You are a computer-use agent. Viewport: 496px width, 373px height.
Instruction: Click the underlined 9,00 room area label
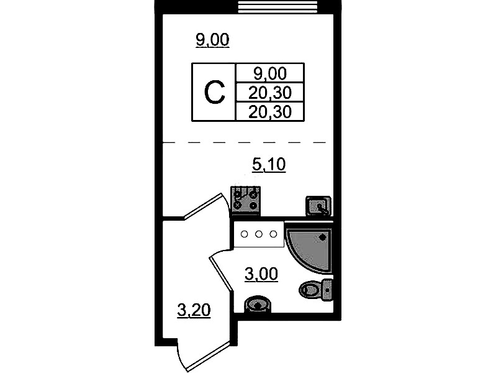click(212, 40)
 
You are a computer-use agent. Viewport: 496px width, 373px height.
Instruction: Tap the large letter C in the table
click(214, 93)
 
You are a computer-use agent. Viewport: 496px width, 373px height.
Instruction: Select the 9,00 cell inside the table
click(270, 73)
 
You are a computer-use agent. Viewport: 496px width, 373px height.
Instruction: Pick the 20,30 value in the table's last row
click(270, 112)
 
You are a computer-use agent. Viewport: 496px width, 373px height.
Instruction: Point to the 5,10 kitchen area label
click(269, 165)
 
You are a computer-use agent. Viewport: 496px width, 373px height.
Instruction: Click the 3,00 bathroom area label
click(261, 274)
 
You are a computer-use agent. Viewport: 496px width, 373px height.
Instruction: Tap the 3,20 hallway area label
click(194, 310)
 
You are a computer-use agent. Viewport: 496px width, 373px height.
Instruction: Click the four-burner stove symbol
click(245, 201)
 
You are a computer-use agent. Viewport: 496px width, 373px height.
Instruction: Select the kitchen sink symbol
click(318, 206)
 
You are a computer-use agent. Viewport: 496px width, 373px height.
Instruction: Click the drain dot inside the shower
click(322, 237)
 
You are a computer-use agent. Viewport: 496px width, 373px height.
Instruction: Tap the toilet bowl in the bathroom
click(310, 290)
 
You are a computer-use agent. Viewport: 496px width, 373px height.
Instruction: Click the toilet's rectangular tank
click(327, 290)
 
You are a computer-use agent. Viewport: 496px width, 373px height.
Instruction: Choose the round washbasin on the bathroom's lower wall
click(258, 305)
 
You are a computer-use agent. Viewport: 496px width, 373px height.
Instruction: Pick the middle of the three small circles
click(259, 234)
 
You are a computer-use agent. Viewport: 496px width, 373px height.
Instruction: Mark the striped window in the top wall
click(277, 7)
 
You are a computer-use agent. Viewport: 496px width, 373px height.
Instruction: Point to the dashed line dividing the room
click(244, 142)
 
